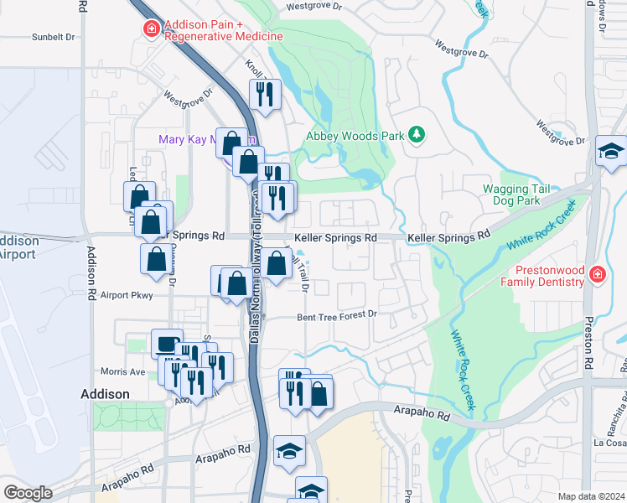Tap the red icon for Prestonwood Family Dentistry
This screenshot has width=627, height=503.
pyautogui.click(x=596, y=274)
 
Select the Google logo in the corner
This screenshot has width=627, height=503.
pyautogui.click(x=28, y=493)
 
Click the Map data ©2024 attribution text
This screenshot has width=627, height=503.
pyautogui.click(x=591, y=496)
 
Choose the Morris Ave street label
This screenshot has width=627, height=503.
pyautogui.click(x=123, y=371)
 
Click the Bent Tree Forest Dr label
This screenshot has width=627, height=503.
pyautogui.click(x=338, y=317)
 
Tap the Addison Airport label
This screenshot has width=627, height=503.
pyautogui.click(x=17, y=247)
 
